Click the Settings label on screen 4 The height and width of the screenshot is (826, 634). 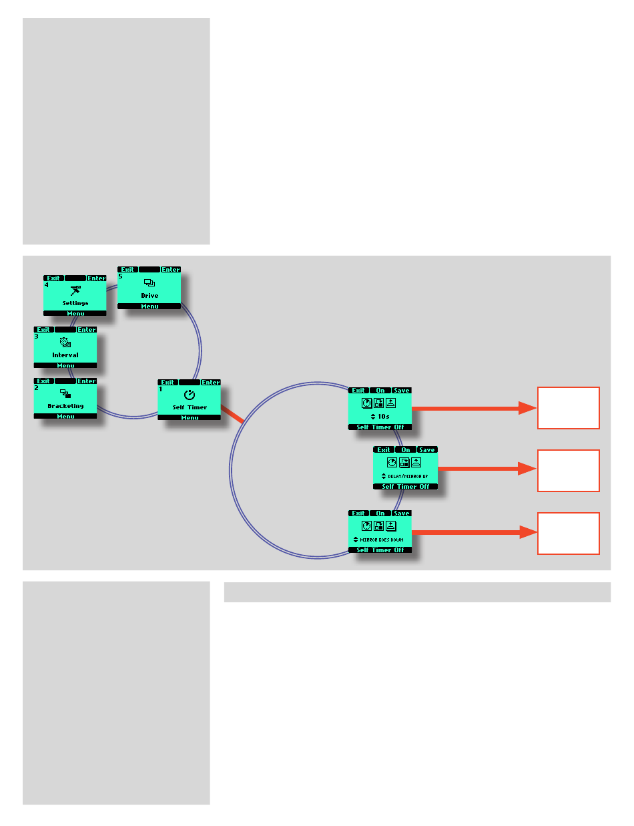click(x=75, y=303)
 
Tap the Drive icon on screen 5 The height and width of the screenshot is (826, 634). click(x=149, y=283)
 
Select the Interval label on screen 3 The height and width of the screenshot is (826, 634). click(x=65, y=355)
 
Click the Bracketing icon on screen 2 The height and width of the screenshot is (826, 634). click(x=65, y=393)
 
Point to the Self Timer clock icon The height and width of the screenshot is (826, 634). click(x=189, y=395)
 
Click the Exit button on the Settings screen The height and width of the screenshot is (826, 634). click(x=53, y=278)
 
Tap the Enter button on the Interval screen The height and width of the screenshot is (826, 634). click(x=87, y=330)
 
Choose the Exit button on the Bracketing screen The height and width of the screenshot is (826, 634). click(x=44, y=381)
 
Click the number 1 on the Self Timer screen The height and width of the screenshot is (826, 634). click(x=160, y=389)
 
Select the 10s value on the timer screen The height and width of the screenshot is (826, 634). click(x=383, y=416)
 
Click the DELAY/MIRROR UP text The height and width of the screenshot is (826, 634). click(x=408, y=476)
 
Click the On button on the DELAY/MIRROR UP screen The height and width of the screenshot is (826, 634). click(x=405, y=450)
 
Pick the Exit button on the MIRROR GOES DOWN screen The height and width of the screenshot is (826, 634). click(x=358, y=513)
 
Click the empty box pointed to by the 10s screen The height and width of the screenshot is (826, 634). click(x=569, y=408)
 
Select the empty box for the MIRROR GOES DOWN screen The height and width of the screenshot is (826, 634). click(x=569, y=534)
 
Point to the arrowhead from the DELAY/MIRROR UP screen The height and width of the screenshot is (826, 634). click(x=528, y=469)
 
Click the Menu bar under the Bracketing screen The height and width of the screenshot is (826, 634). click(x=65, y=416)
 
